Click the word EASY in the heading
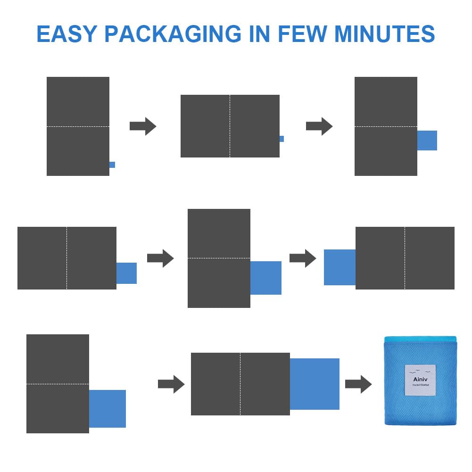(66, 34)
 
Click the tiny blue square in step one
(112, 165)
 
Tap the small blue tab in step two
(282, 139)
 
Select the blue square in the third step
(427, 141)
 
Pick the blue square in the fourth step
(126, 273)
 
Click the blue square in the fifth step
(266, 278)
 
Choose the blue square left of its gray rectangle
(340, 267)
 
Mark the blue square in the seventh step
(108, 409)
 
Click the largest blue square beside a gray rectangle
(315, 384)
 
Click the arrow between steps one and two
(143, 126)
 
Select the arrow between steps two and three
(319, 126)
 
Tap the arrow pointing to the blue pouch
(358, 384)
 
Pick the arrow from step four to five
(160, 258)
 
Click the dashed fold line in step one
(78, 126)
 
